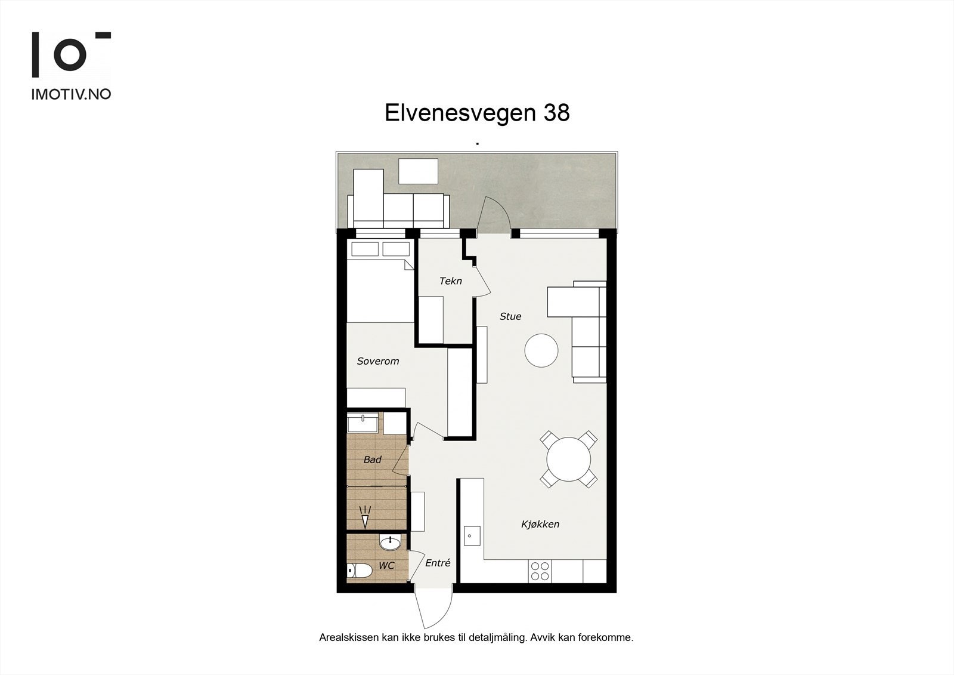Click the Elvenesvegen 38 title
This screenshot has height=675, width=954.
477,113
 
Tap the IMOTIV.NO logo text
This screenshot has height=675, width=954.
71,94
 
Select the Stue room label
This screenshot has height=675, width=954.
510,316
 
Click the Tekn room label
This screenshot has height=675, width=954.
450,281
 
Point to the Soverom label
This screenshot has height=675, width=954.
378,361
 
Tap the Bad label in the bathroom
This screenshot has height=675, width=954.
373,460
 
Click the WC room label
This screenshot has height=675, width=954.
386,566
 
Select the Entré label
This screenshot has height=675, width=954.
438,563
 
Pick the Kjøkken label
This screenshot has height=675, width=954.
540,524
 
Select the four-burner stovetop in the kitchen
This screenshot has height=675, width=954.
540,571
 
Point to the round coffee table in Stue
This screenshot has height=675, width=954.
541,350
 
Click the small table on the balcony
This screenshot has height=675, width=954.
418,171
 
